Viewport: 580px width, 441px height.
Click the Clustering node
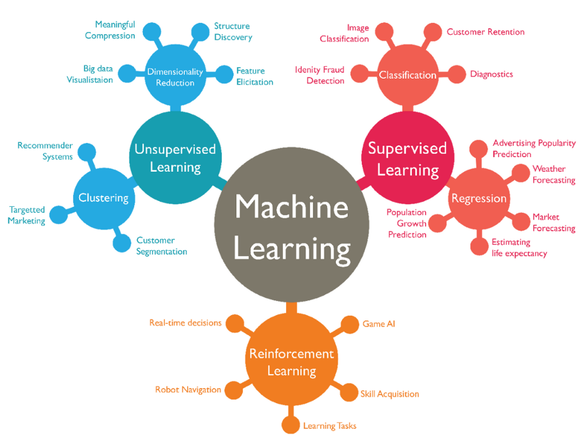click(104, 198)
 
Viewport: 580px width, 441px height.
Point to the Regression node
click(479, 199)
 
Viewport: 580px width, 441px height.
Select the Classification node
click(407, 75)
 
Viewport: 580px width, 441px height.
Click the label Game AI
click(379, 324)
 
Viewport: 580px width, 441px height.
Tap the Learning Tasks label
click(330, 426)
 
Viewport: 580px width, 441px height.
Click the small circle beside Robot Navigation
click(234, 390)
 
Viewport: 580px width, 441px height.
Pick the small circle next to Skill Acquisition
click(349, 392)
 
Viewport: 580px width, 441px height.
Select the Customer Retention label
click(485, 32)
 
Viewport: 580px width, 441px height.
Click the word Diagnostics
click(492, 74)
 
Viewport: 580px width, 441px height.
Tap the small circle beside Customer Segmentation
click(122, 243)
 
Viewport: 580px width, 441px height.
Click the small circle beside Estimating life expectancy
click(479, 246)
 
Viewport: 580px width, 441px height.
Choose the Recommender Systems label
click(45, 151)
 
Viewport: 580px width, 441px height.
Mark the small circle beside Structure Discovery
click(200, 32)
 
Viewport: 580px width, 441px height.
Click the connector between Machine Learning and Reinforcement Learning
click(291, 308)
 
